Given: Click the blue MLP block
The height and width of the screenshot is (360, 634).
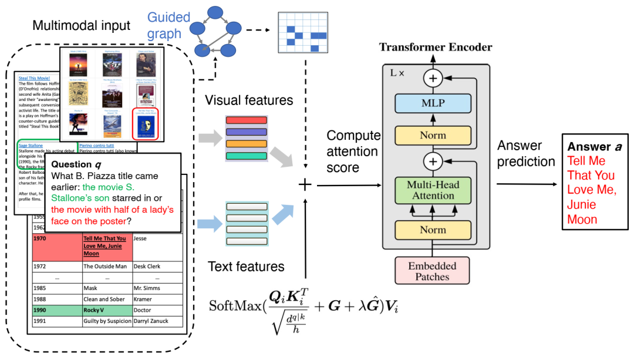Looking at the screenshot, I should pos(433,103).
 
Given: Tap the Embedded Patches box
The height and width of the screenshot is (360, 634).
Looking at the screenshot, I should pos(432,271).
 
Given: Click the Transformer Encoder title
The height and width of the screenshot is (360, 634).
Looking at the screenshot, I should pos(436,47).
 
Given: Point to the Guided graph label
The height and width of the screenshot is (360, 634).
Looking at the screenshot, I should pos(168,26).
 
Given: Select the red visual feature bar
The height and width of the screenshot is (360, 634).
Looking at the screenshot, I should pos(247,120).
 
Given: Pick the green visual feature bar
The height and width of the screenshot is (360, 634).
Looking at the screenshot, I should pos(247,156).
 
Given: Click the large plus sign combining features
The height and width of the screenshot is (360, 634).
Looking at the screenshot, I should pos(305,185).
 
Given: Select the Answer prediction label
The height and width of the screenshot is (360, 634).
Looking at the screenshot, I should pos(525,153).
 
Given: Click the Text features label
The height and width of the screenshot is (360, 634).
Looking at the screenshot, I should pos(246,267).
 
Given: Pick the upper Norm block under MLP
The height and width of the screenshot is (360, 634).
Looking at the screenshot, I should pos(433,135).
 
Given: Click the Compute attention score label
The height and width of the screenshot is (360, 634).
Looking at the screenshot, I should pos(353,152).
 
